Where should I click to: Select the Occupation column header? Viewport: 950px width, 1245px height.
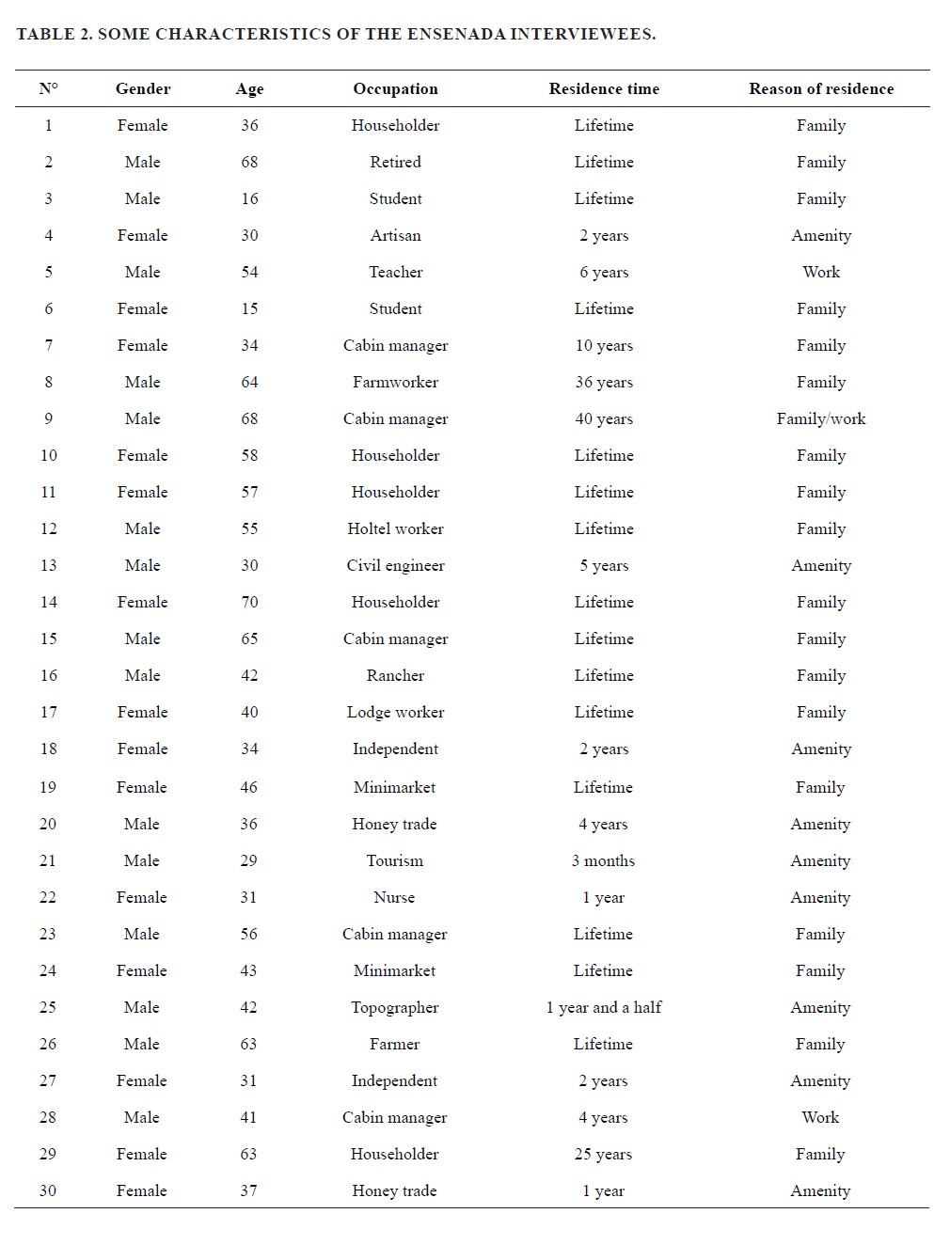(395, 88)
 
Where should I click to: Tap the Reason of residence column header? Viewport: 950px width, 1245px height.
(821, 88)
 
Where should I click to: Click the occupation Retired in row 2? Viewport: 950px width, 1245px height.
(395, 162)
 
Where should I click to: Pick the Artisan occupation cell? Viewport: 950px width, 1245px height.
(395, 235)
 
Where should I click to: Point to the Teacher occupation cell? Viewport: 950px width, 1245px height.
(395, 272)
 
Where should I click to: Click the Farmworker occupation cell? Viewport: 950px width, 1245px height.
(395, 382)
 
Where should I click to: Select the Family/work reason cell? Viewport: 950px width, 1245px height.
(821, 418)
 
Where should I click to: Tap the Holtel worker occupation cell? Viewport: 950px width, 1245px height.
(395, 528)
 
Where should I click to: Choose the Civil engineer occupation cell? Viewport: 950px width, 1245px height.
(395, 565)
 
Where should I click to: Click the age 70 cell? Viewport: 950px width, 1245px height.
(249, 602)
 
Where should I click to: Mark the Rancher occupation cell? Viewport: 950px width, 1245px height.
(395, 675)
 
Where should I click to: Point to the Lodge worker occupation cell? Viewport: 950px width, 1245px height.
(395, 712)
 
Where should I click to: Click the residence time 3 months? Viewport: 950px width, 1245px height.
(603, 860)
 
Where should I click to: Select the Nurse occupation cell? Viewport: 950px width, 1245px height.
(394, 897)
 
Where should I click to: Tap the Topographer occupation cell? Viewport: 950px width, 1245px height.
(394, 1007)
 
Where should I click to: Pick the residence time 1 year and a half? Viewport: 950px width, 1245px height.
(603, 1007)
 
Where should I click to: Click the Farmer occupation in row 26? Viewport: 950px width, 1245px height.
(394, 1044)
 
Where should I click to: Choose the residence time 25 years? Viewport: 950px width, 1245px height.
(603, 1154)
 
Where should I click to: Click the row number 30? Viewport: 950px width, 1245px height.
(48, 1190)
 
